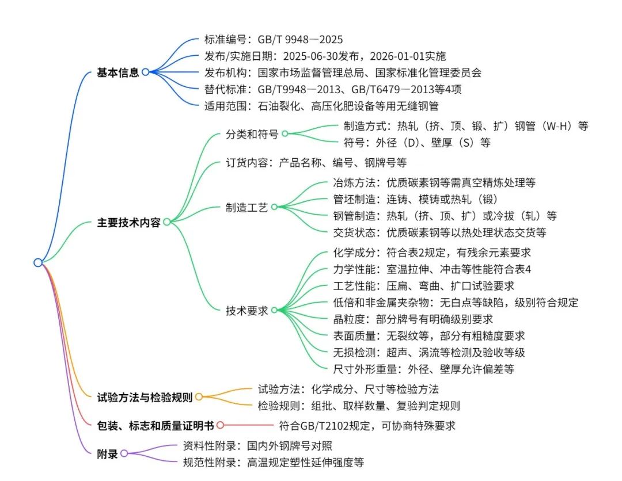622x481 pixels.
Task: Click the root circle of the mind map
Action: pyautogui.click(x=38, y=262)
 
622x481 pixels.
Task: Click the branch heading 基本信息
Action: pyautogui.click(x=118, y=72)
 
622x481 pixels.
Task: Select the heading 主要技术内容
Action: pyautogui.click(x=128, y=223)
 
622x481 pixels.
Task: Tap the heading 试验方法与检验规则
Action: pyautogui.click(x=145, y=398)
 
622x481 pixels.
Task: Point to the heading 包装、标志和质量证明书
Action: pyautogui.click(x=155, y=426)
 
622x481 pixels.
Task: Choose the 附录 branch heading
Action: pyautogui.click(x=107, y=454)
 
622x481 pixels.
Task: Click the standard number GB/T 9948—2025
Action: pyautogui.click(x=300, y=40)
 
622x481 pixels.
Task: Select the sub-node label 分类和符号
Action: pyautogui.click(x=252, y=134)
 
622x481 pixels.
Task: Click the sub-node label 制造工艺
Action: pyautogui.click(x=246, y=208)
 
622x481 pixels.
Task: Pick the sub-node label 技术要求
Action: pyautogui.click(x=246, y=311)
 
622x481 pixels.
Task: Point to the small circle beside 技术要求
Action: pyautogui.click(x=274, y=310)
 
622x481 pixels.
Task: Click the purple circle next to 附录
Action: pyautogui.click(x=124, y=453)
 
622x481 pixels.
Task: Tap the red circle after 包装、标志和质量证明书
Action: pyautogui.click(x=220, y=425)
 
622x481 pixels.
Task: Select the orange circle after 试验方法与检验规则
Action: pyautogui.click(x=199, y=396)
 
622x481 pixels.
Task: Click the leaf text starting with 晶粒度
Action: pyautogui.click(x=413, y=319)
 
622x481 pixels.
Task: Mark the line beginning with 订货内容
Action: pyautogui.click(x=316, y=163)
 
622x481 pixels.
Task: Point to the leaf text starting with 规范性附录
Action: pyautogui.click(x=274, y=463)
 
